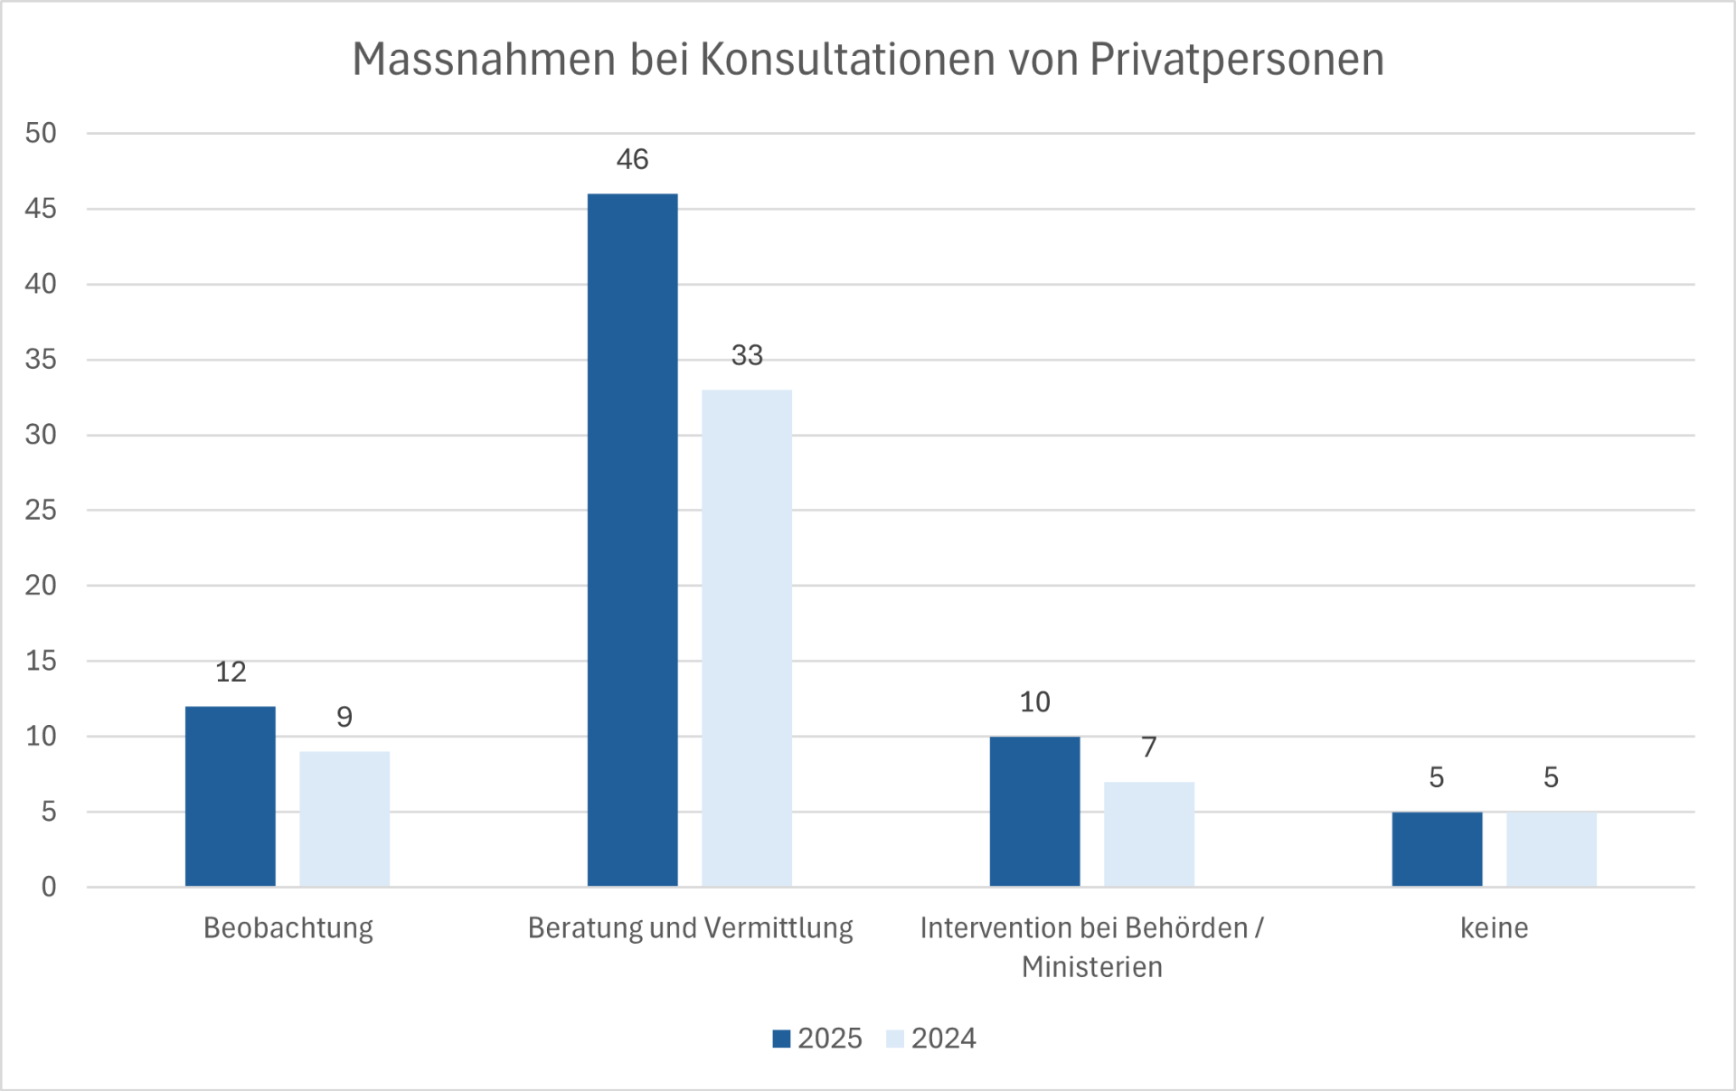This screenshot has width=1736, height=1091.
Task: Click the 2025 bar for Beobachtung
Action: coord(230,795)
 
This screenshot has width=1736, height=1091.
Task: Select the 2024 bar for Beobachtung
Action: coord(344,818)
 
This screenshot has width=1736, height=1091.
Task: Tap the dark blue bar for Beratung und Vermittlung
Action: coord(632,540)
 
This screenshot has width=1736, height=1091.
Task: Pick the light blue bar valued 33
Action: coord(747,637)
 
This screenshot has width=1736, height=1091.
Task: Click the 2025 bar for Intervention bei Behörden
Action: coord(1034,811)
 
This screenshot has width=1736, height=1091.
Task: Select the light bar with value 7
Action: coord(1148,833)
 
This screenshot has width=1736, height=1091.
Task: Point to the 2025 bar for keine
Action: coord(1437,849)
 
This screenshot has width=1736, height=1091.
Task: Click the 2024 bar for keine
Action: coord(1551,849)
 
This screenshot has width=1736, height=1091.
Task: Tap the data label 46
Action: coord(632,159)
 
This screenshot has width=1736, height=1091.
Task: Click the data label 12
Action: coord(230,672)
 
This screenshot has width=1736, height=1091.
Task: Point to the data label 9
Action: coord(344,717)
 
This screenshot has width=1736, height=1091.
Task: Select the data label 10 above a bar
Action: coord(1034,702)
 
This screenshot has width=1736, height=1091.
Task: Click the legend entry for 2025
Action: coord(817,1038)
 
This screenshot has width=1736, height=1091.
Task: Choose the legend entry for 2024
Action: coord(931,1038)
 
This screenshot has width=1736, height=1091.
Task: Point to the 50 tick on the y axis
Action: coord(41,133)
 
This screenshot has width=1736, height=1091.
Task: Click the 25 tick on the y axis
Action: coord(41,510)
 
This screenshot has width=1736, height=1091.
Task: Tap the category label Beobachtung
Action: coord(288,927)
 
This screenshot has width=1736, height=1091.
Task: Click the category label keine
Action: coord(1494,927)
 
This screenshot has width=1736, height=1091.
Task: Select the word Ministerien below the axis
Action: coord(1091,967)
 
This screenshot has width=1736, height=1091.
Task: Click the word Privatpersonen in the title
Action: coord(1236,60)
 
